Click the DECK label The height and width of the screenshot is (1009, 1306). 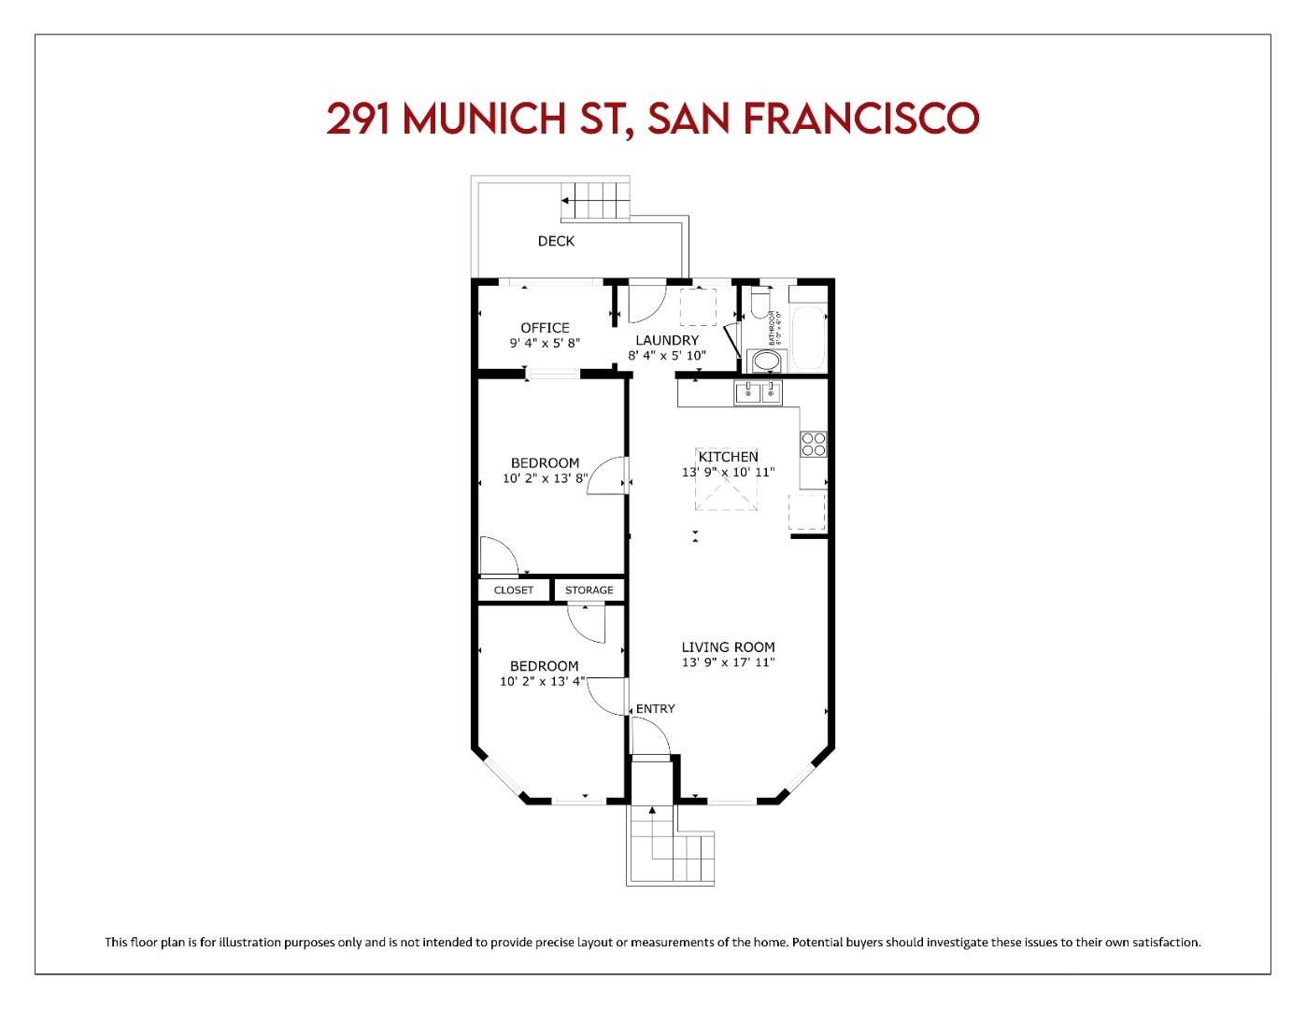[x=556, y=241]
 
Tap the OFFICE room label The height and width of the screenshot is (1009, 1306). [x=545, y=328]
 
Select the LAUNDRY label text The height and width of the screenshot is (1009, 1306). [x=667, y=340]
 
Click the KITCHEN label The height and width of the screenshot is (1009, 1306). [x=729, y=457]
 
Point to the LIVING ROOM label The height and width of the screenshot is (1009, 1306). [x=728, y=647]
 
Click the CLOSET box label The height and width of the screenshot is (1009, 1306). [x=513, y=590]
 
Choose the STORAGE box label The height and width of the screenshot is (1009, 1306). [x=589, y=590]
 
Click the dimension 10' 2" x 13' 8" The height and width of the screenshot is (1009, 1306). [x=545, y=479]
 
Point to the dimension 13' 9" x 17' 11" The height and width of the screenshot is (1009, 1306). [x=728, y=662]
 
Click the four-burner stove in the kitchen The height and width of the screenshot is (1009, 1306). [x=813, y=444]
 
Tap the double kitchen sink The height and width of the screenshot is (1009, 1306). [x=758, y=393]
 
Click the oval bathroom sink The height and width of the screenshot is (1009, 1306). [x=767, y=361]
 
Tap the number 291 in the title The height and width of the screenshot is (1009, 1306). [x=362, y=119]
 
